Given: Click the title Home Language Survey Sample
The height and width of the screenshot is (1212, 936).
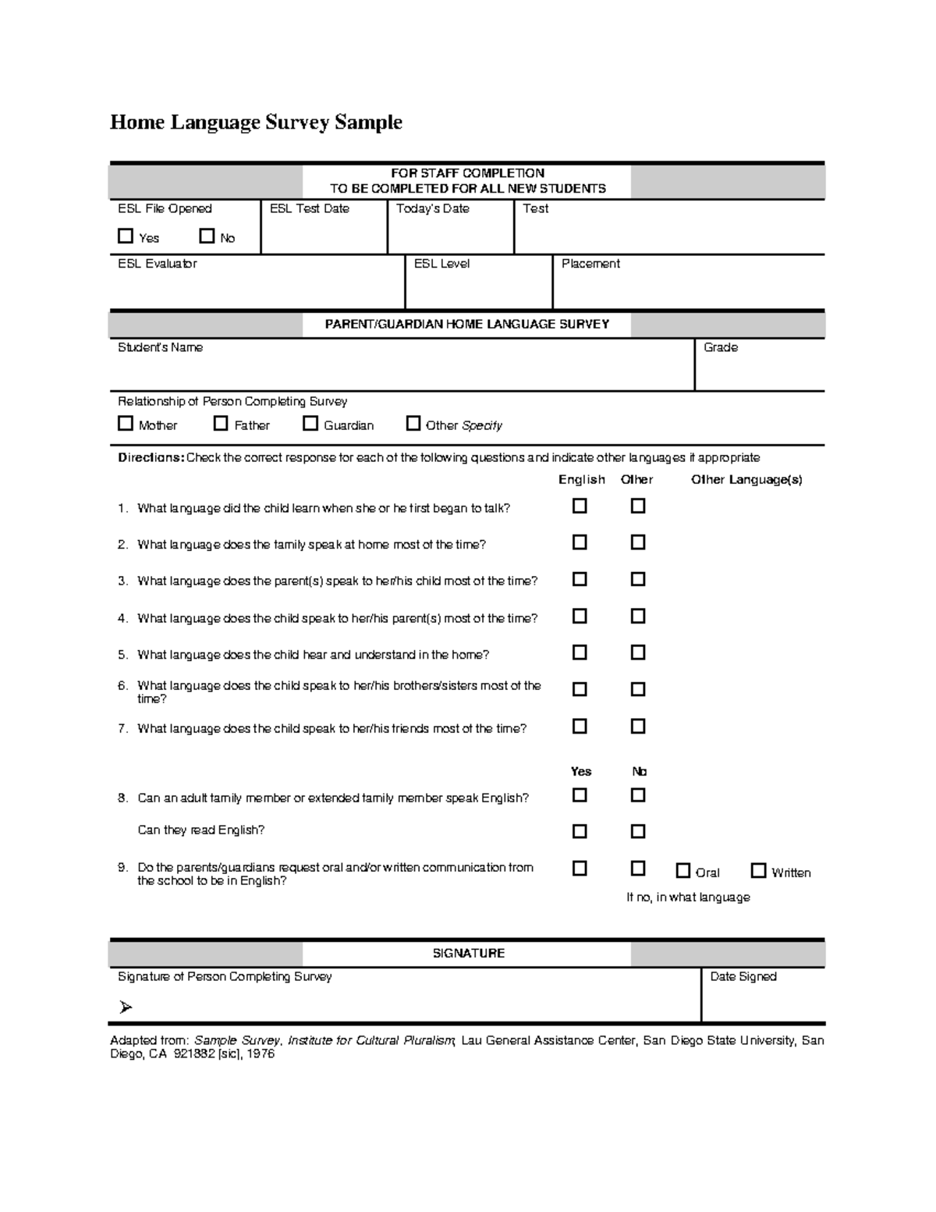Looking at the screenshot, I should click(x=256, y=123).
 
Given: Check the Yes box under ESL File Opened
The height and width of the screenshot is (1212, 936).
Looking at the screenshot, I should click(x=126, y=236).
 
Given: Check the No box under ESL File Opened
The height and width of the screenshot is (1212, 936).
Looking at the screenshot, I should click(x=207, y=236).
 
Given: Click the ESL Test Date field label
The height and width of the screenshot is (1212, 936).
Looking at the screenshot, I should click(x=309, y=208).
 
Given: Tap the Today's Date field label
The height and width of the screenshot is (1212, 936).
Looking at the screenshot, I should click(x=432, y=208).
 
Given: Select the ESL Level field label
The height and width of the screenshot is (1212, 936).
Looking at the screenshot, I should click(x=441, y=264).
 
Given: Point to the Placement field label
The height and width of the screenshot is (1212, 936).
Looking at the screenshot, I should click(x=590, y=264).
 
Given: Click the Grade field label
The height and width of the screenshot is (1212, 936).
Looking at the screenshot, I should click(x=720, y=347).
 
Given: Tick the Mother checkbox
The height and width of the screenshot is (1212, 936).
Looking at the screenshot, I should click(x=126, y=423).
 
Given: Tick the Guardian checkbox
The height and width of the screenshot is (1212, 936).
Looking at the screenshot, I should click(x=310, y=423).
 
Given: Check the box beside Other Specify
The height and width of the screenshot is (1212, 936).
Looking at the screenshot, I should click(x=413, y=423).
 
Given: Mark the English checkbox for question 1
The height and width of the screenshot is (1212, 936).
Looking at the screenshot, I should click(x=580, y=506).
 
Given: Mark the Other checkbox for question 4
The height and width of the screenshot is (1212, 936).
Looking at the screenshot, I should click(x=638, y=616).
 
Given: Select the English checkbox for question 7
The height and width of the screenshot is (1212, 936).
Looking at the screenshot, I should click(x=580, y=726).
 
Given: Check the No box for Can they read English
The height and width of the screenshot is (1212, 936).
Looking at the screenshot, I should click(x=638, y=831).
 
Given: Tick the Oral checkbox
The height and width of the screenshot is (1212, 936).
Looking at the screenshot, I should click(x=683, y=870).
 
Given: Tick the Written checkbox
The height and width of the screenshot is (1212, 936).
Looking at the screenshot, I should click(x=758, y=870).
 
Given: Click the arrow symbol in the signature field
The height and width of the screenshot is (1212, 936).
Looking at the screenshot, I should click(x=126, y=1008).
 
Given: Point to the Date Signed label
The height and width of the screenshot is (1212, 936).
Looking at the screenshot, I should click(x=743, y=976).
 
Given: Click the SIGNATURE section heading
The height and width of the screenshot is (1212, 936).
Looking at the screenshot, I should click(x=468, y=953).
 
